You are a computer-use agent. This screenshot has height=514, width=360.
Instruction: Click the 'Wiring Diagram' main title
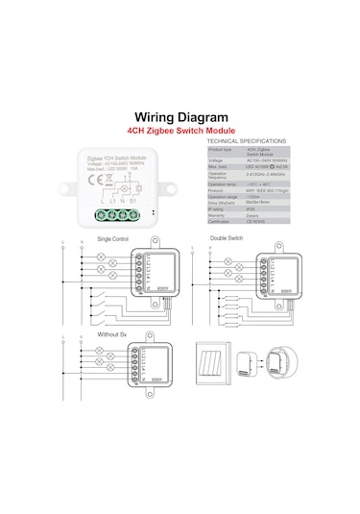[180, 116]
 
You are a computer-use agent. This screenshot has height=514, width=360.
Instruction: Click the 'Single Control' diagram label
[113, 238]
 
